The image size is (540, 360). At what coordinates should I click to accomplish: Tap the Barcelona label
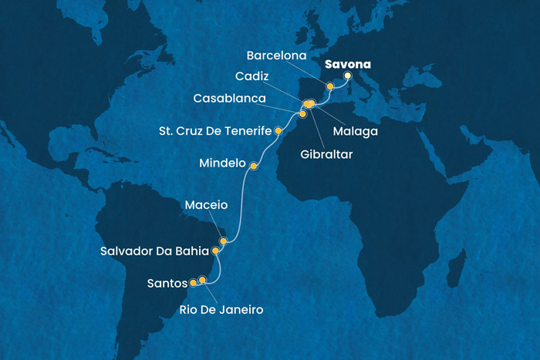[278, 56]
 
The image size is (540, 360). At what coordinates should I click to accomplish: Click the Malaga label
[356, 131]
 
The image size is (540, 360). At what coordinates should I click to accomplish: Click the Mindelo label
[221, 164]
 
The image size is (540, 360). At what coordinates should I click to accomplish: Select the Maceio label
[206, 206]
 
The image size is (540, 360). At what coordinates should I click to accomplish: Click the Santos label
[164, 284]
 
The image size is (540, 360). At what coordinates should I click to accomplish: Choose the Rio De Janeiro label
[227, 310]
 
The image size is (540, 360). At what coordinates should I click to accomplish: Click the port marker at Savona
[347, 76]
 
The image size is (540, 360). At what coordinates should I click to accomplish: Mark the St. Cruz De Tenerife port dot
[278, 132]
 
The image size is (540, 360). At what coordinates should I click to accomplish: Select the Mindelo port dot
[253, 164]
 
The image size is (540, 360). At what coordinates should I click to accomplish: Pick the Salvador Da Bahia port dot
[216, 251]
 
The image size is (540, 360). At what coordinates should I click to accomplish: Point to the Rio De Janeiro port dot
[203, 280]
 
